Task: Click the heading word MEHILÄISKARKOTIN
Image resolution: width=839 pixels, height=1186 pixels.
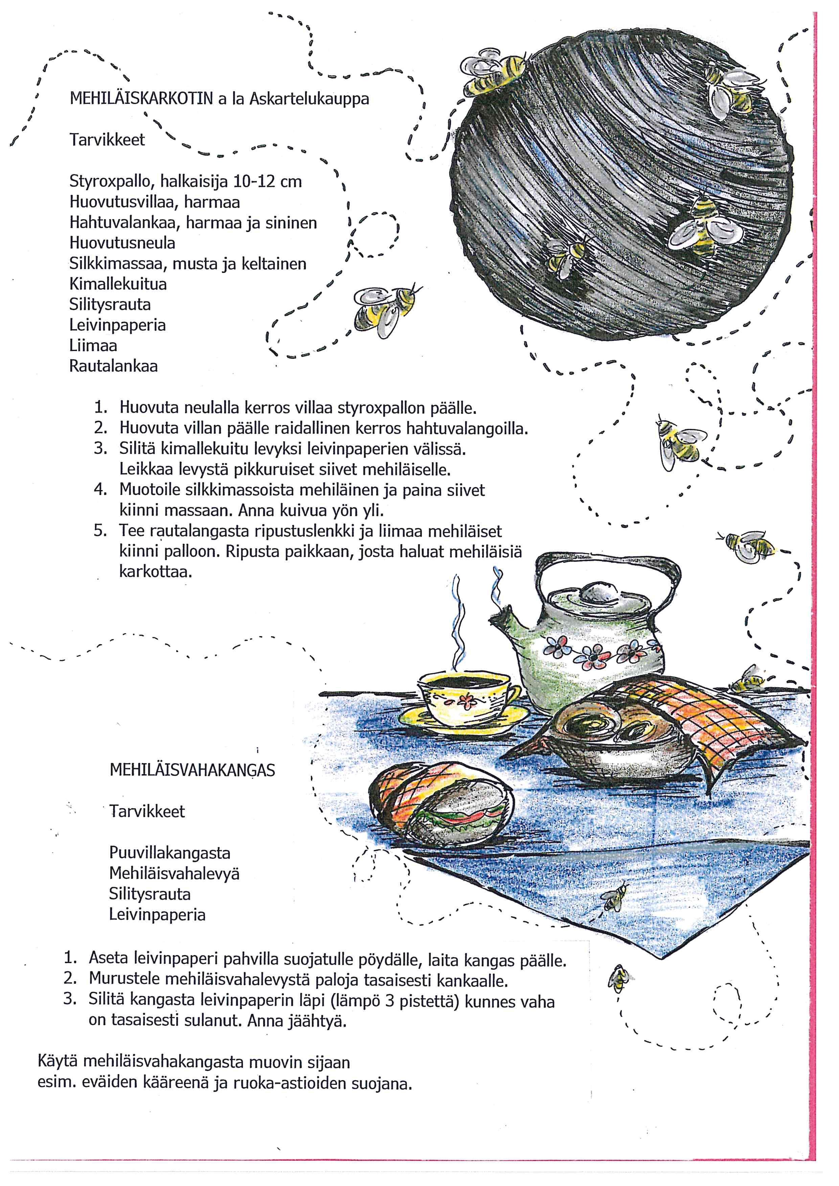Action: [140, 99]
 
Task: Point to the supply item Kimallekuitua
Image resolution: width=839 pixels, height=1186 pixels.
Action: [118, 284]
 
